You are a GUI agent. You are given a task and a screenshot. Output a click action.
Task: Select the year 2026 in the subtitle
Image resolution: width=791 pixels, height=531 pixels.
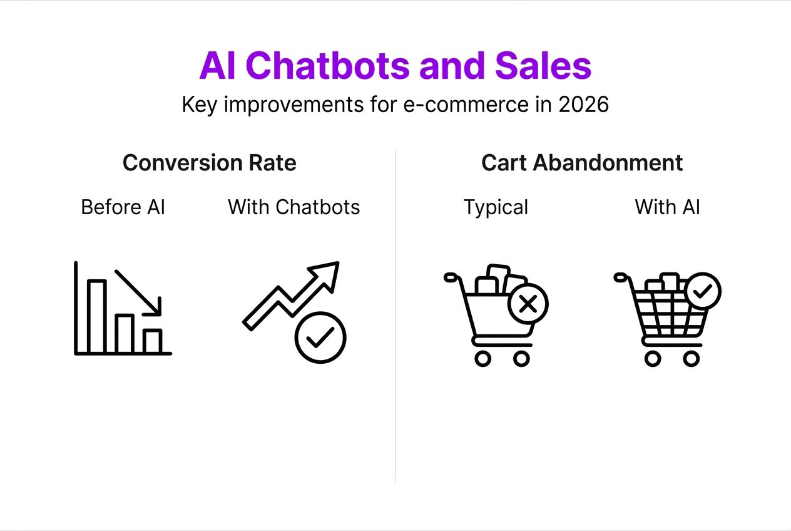coord(583,105)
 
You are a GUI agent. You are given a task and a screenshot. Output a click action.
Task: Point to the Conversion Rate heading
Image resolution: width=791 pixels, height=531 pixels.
coord(209,163)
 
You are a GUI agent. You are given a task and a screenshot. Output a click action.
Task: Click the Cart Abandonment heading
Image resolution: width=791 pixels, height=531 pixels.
coord(581,163)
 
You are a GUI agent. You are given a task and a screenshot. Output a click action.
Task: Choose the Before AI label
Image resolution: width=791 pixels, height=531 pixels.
coord(123,207)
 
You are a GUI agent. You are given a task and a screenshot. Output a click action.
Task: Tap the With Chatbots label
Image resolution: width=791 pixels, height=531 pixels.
coord(293,207)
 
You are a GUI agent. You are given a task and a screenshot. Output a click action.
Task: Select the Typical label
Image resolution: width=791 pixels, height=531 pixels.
coord(496,207)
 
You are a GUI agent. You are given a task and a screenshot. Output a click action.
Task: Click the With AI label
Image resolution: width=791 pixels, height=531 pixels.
coord(667,207)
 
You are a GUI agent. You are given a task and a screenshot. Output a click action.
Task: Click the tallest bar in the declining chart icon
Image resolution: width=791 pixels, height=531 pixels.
coord(96,317)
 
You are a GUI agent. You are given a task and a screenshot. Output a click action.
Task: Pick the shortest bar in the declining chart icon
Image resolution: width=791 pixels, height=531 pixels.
coord(152,341)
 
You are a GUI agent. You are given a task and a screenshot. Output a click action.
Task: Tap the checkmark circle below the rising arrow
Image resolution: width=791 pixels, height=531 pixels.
coord(320,338)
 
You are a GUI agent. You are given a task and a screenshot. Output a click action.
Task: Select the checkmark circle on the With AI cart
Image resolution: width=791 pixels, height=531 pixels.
coord(702,291)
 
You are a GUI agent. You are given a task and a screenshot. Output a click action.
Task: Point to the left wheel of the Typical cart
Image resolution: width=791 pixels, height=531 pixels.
coord(482,359)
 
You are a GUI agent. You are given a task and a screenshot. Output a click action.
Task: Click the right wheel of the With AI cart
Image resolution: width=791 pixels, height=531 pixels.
coord(691,359)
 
